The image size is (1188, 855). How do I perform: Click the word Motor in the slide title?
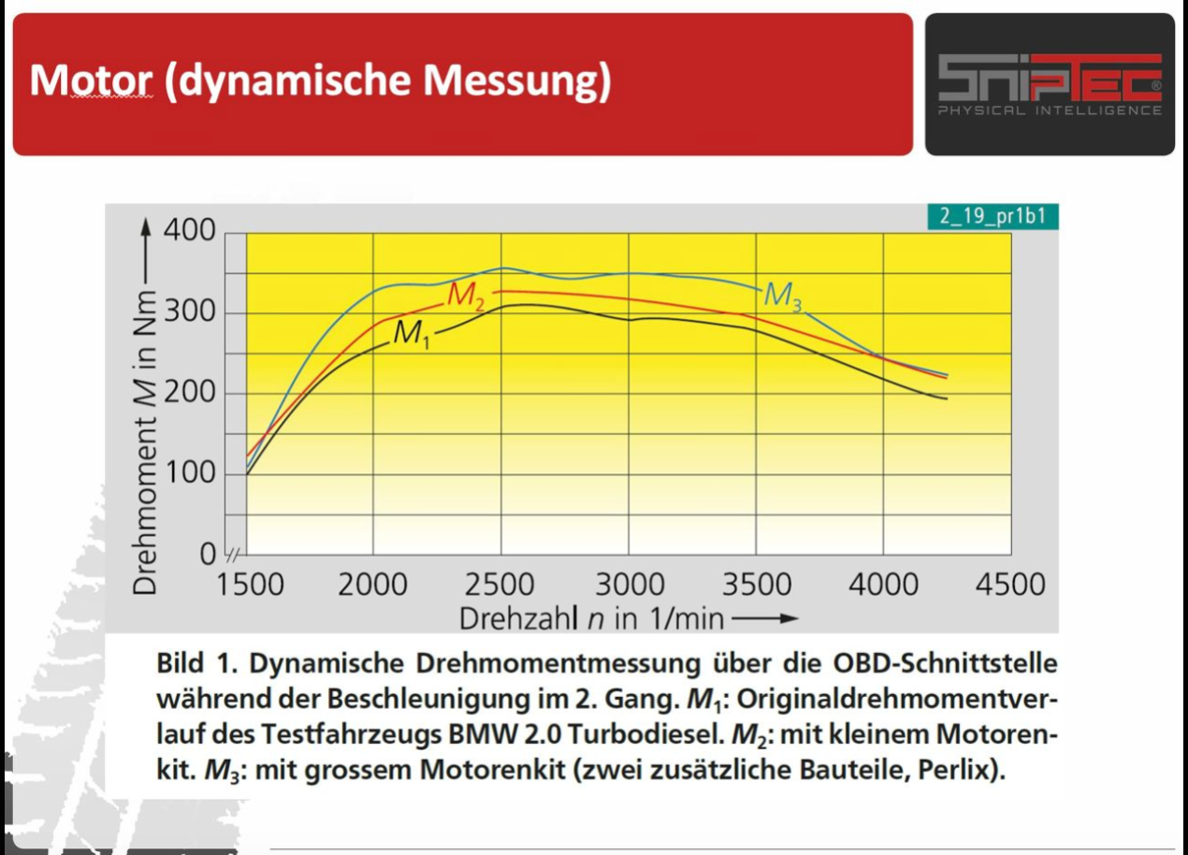coord(90,81)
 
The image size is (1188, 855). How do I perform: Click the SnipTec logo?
coord(1050,84)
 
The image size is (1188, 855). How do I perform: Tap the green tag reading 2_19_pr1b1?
coord(993,217)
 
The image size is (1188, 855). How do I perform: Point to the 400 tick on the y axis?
coord(191,231)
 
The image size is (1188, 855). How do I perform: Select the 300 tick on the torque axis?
coord(191,312)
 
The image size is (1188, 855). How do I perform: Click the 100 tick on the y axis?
coord(191,473)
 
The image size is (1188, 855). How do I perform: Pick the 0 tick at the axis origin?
coord(208,555)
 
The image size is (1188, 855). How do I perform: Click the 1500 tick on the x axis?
coord(250,586)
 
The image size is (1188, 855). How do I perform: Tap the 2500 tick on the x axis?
coord(501,586)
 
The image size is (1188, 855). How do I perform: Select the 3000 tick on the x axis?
coord(630,586)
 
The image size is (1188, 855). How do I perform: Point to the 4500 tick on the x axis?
coord(1009,586)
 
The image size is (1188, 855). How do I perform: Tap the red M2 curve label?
coord(466,296)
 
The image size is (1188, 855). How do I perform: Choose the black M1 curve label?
coord(412,334)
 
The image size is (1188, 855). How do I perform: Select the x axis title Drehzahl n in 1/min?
coord(591,618)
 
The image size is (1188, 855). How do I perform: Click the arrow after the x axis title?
coord(766,618)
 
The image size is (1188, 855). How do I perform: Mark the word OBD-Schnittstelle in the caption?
coord(945,663)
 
